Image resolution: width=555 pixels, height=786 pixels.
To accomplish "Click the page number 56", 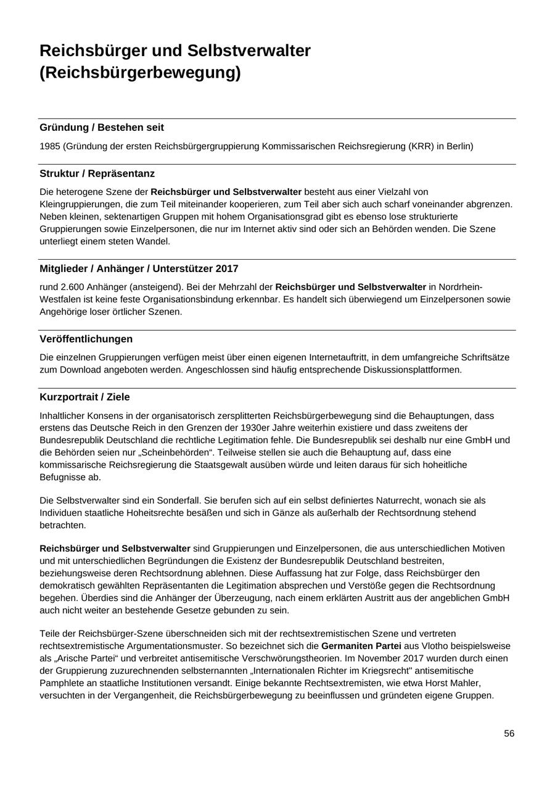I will pyautogui.click(x=509, y=733).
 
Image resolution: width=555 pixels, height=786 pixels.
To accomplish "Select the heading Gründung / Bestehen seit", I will pyautogui.click(x=102, y=128).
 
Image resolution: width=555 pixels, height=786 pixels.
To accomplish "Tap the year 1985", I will pyautogui.click(x=49, y=146).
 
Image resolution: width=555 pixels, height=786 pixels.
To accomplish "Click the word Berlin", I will pyautogui.click(x=459, y=146).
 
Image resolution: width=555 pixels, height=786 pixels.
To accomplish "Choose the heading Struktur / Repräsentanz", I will pyautogui.click(x=97, y=173).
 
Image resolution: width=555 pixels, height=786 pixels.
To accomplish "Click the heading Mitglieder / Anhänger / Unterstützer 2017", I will pyautogui.click(x=139, y=268).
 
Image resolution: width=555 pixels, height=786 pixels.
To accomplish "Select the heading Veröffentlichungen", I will pyautogui.click(x=86, y=339).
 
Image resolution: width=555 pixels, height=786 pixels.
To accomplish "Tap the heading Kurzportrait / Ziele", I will pyautogui.click(x=84, y=397).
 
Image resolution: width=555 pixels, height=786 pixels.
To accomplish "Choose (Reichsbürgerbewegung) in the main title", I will pyautogui.click(x=140, y=73).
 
